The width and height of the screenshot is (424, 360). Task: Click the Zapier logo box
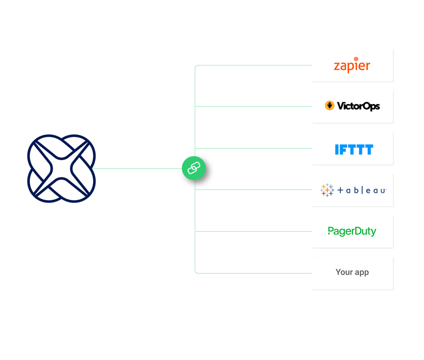pyautogui.click(x=352, y=65)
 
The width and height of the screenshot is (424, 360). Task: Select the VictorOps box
pyautogui.click(x=352, y=106)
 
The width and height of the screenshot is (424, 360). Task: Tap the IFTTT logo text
pyautogui.click(x=353, y=149)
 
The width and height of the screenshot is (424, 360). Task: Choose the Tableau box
pyautogui.click(x=352, y=190)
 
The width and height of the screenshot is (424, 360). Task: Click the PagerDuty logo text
pyautogui.click(x=352, y=232)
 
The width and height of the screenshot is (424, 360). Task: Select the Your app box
pyautogui.click(x=352, y=273)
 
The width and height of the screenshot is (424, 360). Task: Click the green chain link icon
pyautogui.click(x=193, y=168)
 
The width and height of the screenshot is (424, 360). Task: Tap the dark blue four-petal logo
pyautogui.click(x=61, y=169)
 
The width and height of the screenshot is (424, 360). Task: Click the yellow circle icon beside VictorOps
pyautogui.click(x=329, y=106)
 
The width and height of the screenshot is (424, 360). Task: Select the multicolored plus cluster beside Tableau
pyautogui.click(x=328, y=190)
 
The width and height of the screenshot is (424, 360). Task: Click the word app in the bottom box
pyautogui.click(x=361, y=273)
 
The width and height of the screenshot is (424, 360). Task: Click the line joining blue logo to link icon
pyautogui.click(x=138, y=169)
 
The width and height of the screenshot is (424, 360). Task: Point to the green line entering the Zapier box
pyautogui.click(x=253, y=65)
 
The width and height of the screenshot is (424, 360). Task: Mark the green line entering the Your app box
pyautogui.click(x=253, y=273)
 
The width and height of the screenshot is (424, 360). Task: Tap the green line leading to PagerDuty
pyautogui.click(x=253, y=232)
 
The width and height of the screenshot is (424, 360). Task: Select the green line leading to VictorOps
pyautogui.click(x=253, y=106)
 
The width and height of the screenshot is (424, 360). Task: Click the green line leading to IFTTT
pyautogui.click(x=253, y=148)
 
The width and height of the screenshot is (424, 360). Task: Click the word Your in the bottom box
pyautogui.click(x=344, y=272)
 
